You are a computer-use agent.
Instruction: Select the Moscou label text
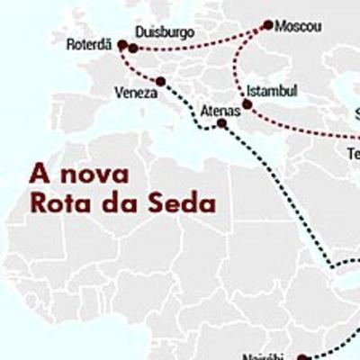coord(300,25)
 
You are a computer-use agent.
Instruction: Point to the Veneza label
coord(134,92)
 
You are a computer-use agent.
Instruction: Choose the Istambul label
coord(271,92)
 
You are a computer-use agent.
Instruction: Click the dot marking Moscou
coord(267,25)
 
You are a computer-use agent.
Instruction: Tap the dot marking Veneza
coord(160,82)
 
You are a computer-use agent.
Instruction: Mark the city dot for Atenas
coord(222,123)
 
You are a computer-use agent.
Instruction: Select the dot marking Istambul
coord(247,104)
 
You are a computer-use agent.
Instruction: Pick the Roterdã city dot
coord(121,44)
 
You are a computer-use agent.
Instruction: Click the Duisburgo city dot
coord(133,48)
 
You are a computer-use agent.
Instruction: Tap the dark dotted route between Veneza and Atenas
coord(191,103)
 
